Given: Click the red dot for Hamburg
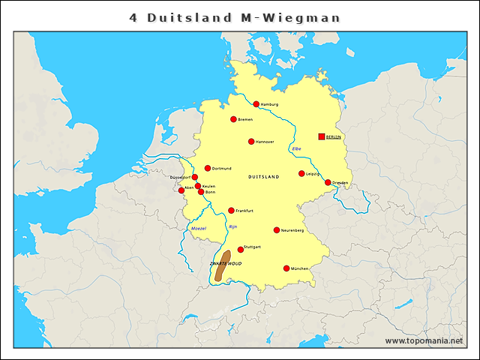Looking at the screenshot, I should (x=256, y=104).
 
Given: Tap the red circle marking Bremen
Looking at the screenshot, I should (x=234, y=119).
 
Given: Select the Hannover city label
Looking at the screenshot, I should (x=265, y=142).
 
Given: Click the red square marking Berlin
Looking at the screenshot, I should (x=322, y=136).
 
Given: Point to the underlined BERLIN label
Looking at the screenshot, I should (x=334, y=137).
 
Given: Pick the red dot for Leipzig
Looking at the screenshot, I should (x=301, y=174).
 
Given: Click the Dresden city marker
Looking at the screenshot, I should (x=328, y=182).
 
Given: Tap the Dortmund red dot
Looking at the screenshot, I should (x=208, y=168).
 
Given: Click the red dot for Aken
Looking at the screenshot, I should (x=181, y=190).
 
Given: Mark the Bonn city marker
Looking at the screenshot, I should (x=201, y=192).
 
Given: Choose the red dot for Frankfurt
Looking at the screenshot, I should (x=231, y=211).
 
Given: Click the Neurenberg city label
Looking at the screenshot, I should (x=292, y=230).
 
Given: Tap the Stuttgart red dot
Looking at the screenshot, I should (x=241, y=250).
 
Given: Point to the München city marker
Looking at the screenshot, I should (x=286, y=268).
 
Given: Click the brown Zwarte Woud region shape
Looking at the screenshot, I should (x=222, y=267).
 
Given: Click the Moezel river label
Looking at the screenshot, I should (x=199, y=227).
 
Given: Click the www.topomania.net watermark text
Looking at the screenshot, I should (x=424, y=340).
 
